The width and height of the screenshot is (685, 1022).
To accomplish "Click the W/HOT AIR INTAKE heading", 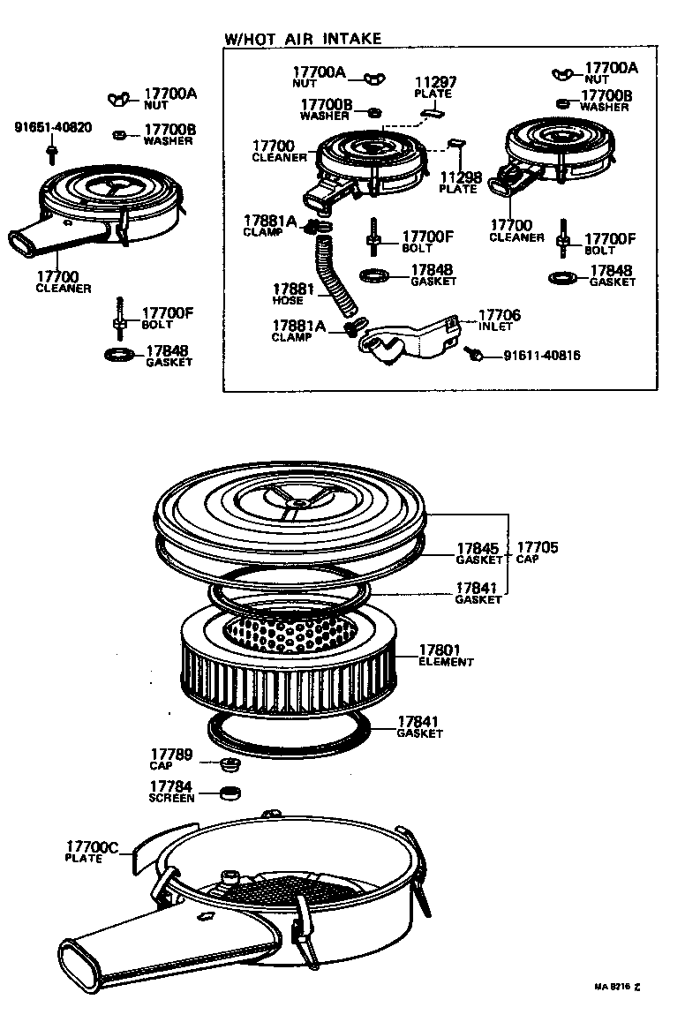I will pyautogui.click(x=304, y=38).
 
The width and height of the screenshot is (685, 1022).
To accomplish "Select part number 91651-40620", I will pyautogui.click(x=52, y=127).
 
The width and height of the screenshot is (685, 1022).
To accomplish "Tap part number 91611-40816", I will pyautogui.click(x=543, y=357).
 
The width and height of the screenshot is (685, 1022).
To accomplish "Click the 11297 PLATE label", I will pyautogui.click(x=433, y=87).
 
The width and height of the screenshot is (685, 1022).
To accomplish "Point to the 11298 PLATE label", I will pyautogui.click(x=459, y=182).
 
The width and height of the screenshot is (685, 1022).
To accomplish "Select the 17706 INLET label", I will pyautogui.click(x=499, y=319).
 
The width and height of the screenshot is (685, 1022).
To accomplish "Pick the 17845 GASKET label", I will pyautogui.click(x=478, y=552).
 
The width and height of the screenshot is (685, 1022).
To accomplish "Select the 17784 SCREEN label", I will pyautogui.click(x=170, y=791).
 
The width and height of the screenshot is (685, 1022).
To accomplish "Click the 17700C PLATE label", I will pyautogui.click(x=91, y=852).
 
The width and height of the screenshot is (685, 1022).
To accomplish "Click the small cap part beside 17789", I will pyautogui.click(x=230, y=762).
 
